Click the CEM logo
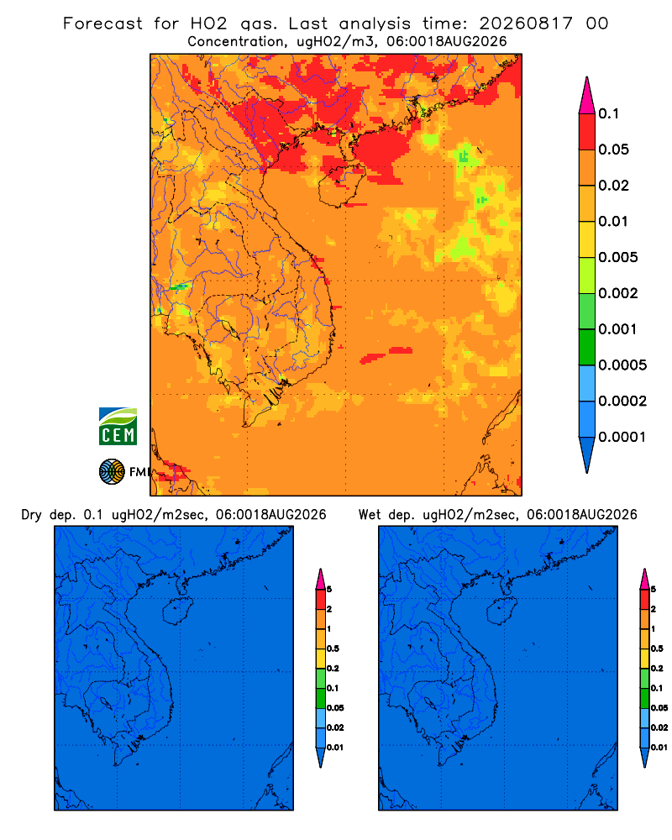(x=118, y=427)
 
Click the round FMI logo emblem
(x=112, y=472)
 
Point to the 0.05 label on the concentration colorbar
(x=613, y=150)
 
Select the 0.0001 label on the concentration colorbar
(x=622, y=437)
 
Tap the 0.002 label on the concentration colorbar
(x=618, y=293)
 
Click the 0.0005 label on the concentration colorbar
(x=622, y=365)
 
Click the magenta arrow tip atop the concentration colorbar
(x=587, y=96)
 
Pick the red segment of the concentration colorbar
(x=587, y=132)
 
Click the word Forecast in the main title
(x=102, y=24)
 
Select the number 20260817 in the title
(x=526, y=24)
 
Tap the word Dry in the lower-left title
(x=32, y=515)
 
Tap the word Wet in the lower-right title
(x=370, y=515)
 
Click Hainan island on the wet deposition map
(x=502, y=612)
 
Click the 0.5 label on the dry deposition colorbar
(x=333, y=648)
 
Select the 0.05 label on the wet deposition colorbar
(x=659, y=707)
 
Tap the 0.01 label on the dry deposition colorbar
(x=335, y=748)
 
